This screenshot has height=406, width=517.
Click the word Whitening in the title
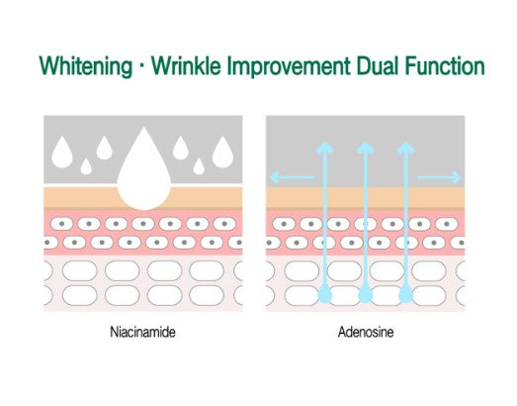coord(86,66)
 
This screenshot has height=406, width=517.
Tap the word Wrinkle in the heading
coord(186,65)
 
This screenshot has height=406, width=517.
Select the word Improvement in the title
coord(289,66)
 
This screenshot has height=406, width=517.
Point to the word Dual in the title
coord(378,65)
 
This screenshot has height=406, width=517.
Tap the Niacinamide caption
coord(142,332)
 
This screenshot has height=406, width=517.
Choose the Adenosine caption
coord(366,332)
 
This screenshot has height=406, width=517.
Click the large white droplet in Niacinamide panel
coord(144,175)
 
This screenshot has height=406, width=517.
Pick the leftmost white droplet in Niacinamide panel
coord(62,152)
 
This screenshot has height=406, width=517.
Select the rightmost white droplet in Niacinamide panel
coord(222,152)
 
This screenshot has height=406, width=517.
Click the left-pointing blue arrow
coord(293,177)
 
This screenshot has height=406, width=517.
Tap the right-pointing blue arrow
coord(439,177)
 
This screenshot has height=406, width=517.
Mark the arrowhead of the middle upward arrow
coord(366,148)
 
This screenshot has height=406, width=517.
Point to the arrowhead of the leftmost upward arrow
coord(325,148)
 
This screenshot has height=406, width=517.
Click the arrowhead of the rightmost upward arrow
coord(406,148)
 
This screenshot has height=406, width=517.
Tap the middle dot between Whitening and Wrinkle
coord(141,66)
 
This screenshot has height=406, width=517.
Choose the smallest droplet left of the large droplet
coord(86,166)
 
